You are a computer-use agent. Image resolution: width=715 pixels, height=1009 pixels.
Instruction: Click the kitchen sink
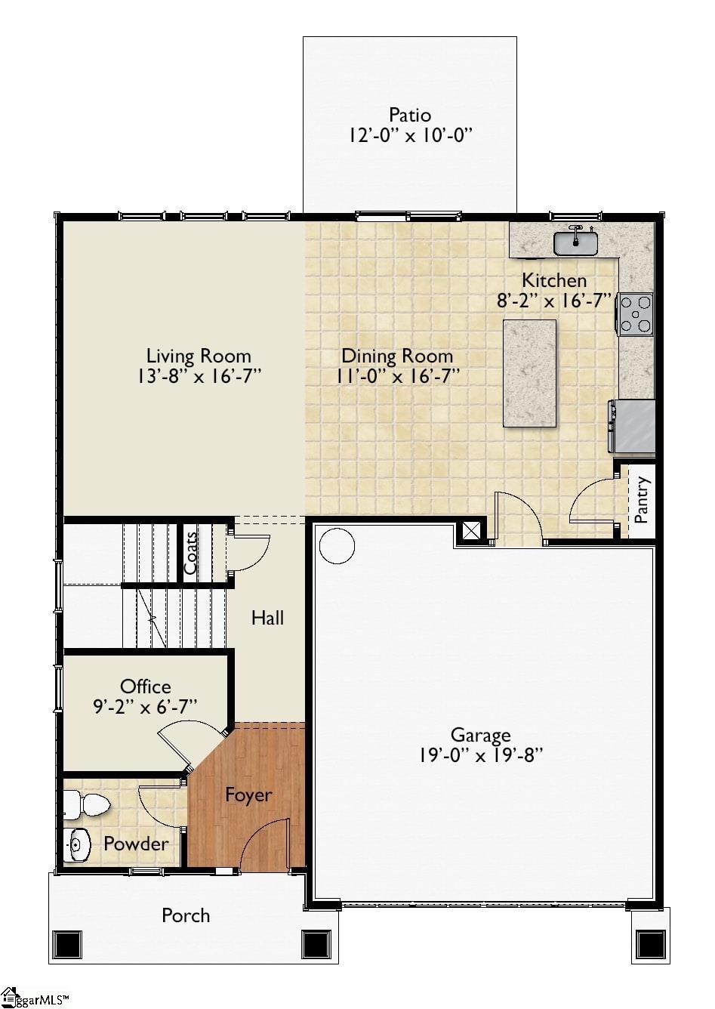[575, 242]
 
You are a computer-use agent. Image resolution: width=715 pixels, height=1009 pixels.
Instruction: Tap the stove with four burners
[634, 313]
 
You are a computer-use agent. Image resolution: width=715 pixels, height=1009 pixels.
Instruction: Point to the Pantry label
[642, 499]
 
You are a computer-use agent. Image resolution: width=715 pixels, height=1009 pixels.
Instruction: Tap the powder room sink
[76, 845]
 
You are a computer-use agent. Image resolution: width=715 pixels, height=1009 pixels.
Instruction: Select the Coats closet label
[191, 553]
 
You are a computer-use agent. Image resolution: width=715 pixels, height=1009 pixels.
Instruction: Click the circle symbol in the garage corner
[337, 545]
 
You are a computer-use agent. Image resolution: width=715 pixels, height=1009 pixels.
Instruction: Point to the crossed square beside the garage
[471, 531]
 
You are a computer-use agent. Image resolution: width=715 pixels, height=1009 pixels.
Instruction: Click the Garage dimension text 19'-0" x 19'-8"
[480, 754]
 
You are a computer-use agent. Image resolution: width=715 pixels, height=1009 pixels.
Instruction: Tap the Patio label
[410, 115]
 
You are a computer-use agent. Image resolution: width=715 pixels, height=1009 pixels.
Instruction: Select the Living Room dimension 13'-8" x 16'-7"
[199, 376]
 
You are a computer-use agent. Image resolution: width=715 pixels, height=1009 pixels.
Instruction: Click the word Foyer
[248, 795]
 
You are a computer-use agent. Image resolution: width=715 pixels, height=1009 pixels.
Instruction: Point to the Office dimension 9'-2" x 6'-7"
[145, 706]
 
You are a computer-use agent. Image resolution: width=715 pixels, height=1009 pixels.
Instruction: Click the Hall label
[267, 618]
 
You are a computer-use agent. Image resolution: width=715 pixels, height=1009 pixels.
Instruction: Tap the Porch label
[186, 915]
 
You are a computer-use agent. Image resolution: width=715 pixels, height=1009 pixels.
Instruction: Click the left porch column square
[66, 944]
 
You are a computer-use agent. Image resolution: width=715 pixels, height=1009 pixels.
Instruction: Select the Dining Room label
[397, 356]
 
